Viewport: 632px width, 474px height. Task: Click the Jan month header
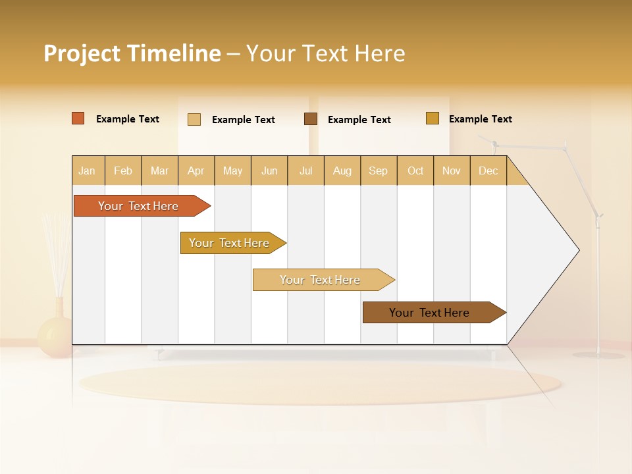(x=88, y=171)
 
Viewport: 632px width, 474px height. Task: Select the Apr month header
(x=196, y=171)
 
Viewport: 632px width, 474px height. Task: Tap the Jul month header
(x=305, y=171)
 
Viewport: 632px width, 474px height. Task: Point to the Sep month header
(x=378, y=171)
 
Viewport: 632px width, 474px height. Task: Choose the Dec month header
(x=488, y=171)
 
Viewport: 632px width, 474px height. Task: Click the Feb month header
(x=123, y=171)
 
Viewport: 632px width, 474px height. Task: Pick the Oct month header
(x=415, y=171)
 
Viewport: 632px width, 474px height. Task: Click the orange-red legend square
(x=78, y=118)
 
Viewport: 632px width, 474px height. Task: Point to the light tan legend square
(x=194, y=119)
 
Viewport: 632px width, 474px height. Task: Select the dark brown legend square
(x=311, y=119)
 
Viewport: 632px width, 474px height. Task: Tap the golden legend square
(x=433, y=118)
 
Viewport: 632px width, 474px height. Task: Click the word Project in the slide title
(x=82, y=53)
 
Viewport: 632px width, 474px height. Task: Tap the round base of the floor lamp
(x=598, y=355)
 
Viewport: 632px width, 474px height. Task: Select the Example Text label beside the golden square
(x=480, y=119)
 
